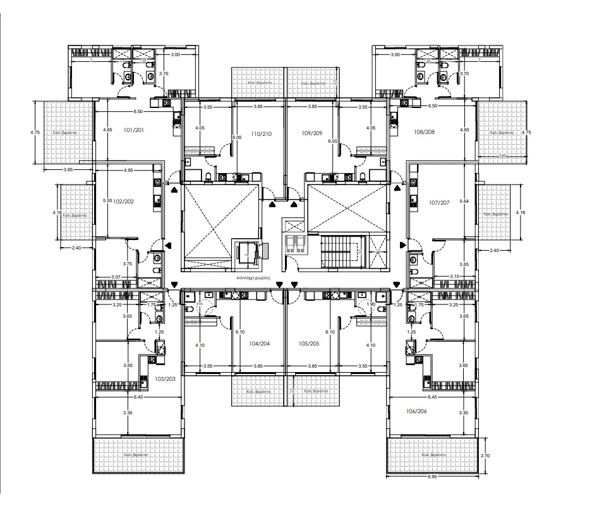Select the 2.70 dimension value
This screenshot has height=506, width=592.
[485, 455]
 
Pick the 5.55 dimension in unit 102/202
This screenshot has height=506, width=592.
[107, 201]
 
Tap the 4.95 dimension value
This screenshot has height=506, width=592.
[128, 170]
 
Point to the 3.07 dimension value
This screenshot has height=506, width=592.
[116, 277]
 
